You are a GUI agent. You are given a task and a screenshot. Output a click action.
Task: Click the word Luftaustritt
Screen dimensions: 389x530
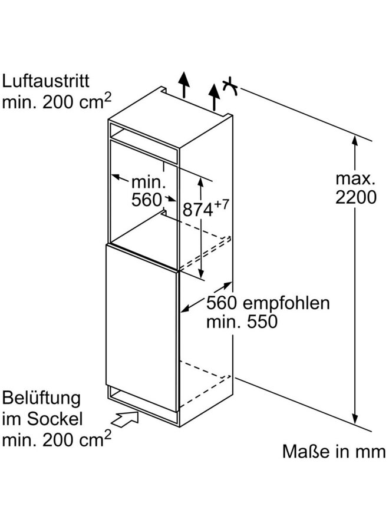[x=45, y=81]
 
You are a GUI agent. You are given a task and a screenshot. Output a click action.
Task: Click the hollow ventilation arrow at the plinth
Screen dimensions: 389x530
[x=125, y=419]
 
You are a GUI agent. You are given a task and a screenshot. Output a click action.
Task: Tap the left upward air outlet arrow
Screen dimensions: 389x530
[x=184, y=85]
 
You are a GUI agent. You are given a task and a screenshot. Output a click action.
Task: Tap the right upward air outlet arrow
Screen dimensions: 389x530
[x=214, y=97]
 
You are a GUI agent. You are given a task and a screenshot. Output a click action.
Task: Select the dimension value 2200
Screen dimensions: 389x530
[x=356, y=197]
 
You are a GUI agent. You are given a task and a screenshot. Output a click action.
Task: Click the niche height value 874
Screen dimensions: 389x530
[x=198, y=210]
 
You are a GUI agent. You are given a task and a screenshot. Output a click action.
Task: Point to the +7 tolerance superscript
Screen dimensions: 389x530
[x=221, y=204]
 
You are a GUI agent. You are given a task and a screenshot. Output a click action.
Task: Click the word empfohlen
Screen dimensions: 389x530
[x=286, y=303]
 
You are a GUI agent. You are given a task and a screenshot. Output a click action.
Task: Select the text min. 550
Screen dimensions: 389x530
[x=242, y=322]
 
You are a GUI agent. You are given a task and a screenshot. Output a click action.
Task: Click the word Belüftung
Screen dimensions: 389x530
[x=41, y=399]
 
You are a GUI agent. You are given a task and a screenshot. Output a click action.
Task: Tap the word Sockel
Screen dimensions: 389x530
[x=55, y=419]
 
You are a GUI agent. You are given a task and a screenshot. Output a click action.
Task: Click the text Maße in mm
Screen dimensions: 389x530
[x=334, y=452]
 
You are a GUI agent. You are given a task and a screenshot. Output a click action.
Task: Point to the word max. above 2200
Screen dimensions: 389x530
[x=355, y=179]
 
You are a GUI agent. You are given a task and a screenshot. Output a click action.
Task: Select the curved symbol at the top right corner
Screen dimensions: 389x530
[x=230, y=87]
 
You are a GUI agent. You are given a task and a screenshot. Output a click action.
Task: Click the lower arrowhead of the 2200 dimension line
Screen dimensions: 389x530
[x=354, y=419]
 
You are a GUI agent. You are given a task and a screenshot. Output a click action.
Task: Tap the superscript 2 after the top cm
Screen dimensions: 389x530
[x=107, y=97]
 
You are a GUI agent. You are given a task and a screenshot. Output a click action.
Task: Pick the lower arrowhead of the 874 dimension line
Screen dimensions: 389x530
[x=201, y=273]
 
